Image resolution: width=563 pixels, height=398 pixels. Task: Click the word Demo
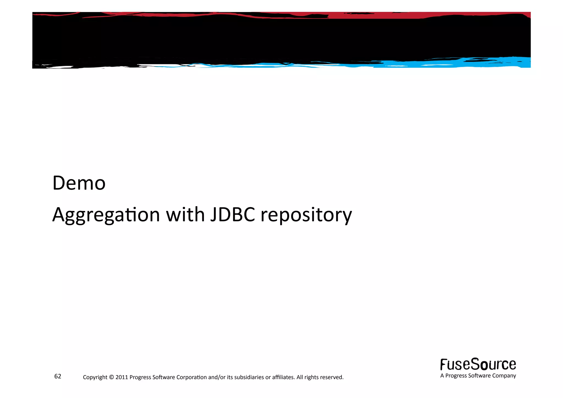[x=79, y=183]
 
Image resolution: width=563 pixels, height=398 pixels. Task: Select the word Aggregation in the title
[x=106, y=215]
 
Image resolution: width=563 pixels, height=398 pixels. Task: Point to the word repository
[x=306, y=215]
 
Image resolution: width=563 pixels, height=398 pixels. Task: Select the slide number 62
[x=58, y=376]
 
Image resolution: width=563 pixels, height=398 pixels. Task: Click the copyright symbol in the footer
[x=111, y=377]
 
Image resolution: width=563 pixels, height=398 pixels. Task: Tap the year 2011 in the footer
[x=122, y=377]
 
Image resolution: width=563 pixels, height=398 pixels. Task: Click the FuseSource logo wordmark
[x=478, y=365]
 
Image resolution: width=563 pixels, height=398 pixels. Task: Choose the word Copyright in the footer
[x=95, y=377]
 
